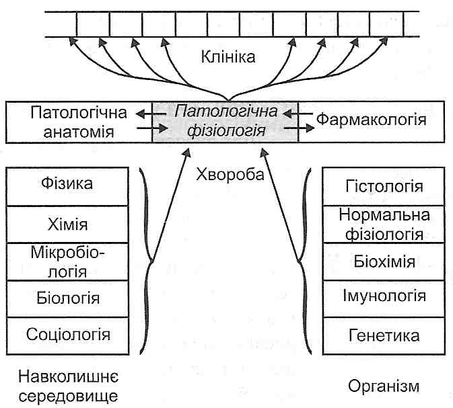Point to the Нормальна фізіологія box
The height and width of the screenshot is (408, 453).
coord(383,225)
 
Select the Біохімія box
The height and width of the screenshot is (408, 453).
coord(383,261)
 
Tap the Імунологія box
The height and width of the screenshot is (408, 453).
coord(383,296)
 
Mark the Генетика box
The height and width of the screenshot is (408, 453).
coord(383,335)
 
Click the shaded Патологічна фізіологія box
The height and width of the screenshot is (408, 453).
coord(225,121)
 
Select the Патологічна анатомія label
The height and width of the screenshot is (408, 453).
coord(72,121)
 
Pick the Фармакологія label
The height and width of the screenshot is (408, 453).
coord(372,120)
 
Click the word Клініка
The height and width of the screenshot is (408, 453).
coord(228,57)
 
